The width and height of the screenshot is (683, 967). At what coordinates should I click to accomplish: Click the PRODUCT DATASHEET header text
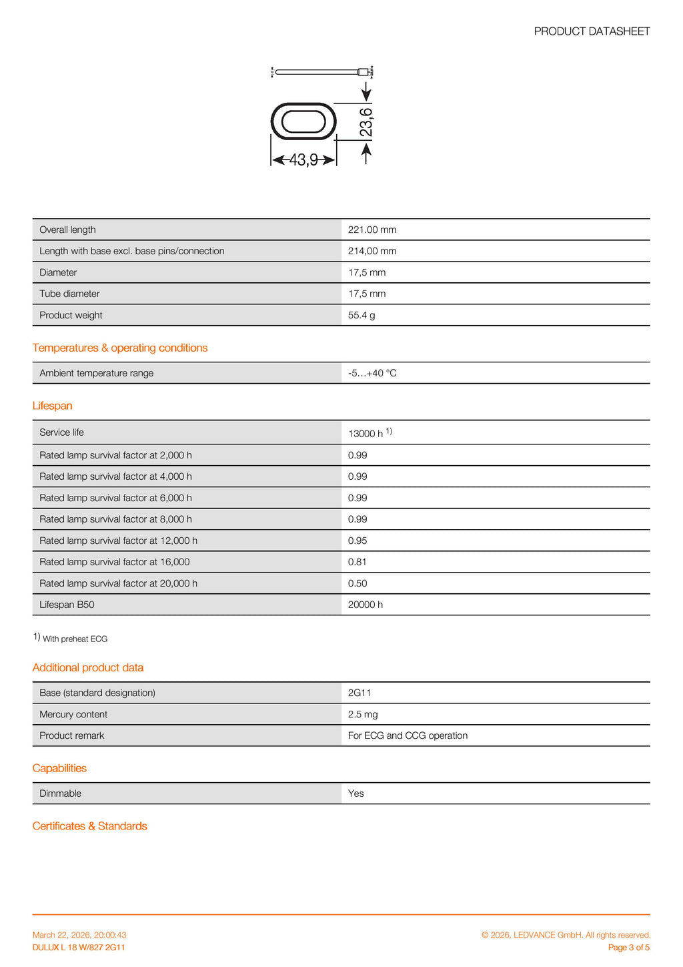pyautogui.click(x=592, y=31)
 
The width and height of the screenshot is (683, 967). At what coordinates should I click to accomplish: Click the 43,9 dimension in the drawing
pyautogui.click(x=303, y=160)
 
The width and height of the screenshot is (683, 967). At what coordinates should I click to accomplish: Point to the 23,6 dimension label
pyautogui.click(x=366, y=121)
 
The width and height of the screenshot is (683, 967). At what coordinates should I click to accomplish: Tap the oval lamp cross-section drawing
pyautogui.click(x=303, y=121)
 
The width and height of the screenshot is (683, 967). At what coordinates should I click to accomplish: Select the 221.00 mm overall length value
pyautogui.click(x=372, y=230)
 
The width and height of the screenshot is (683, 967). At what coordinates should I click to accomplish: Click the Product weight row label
pyautogui.click(x=71, y=315)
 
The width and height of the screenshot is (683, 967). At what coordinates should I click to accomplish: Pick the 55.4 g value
pyautogui.click(x=362, y=315)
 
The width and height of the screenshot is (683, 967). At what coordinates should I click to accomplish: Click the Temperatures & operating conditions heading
pyautogui.click(x=120, y=348)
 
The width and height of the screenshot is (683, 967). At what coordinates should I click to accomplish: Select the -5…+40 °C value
pyautogui.click(x=372, y=373)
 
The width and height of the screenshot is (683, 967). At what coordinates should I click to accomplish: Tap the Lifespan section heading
pyautogui.click(x=52, y=406)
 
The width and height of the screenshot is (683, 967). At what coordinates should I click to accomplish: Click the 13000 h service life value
pyautogui.click(x=366, y=434)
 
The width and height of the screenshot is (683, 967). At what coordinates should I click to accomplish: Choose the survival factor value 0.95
pyautogui.click(x=358, y=541)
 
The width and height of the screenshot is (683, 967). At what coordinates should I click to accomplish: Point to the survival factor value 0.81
pyautogui.click(x=358, y=562)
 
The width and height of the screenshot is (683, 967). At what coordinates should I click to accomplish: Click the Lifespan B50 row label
pyautogui.click(x=67, y=605)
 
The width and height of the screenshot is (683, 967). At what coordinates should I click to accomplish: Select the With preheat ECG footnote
pyautogui.click(x=75, y=639)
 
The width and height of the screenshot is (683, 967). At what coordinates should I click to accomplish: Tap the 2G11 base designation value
pyautogui.click(x=360, y=693)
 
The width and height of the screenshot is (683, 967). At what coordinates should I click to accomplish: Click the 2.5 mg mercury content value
pyautogui.click(x=363, y=714)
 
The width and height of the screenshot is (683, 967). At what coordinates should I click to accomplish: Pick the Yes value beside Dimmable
pyautogui.click(x=356, y=793)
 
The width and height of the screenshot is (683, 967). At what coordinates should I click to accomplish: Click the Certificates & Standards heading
pyautogui.click(x=90, y=826)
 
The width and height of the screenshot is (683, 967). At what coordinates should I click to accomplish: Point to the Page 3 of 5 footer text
pyautogui.click(x=628, y=948)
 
